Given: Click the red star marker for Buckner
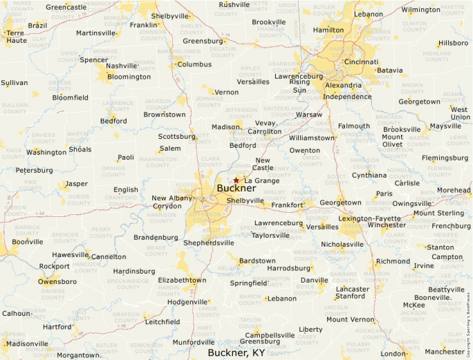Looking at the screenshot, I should click(236, 180).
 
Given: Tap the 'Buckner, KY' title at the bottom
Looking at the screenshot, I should click(236, 352).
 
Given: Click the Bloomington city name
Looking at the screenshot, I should click(129, 77).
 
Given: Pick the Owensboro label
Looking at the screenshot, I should click(57, 281).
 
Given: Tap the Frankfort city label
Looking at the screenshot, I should click(287, 205).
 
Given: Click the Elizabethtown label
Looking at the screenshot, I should click(182, 280).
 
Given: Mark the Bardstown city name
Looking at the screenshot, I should click(257, 260).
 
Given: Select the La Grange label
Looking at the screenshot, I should click(261, 181).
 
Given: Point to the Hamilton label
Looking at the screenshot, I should click(328, 30).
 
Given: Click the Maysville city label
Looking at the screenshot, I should click(445, 126).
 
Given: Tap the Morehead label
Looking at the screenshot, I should click(453, 190).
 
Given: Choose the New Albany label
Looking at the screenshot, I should click(172, 198).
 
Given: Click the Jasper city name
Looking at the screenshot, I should click(76, 184).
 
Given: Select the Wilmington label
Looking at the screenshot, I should click(420, 10).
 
